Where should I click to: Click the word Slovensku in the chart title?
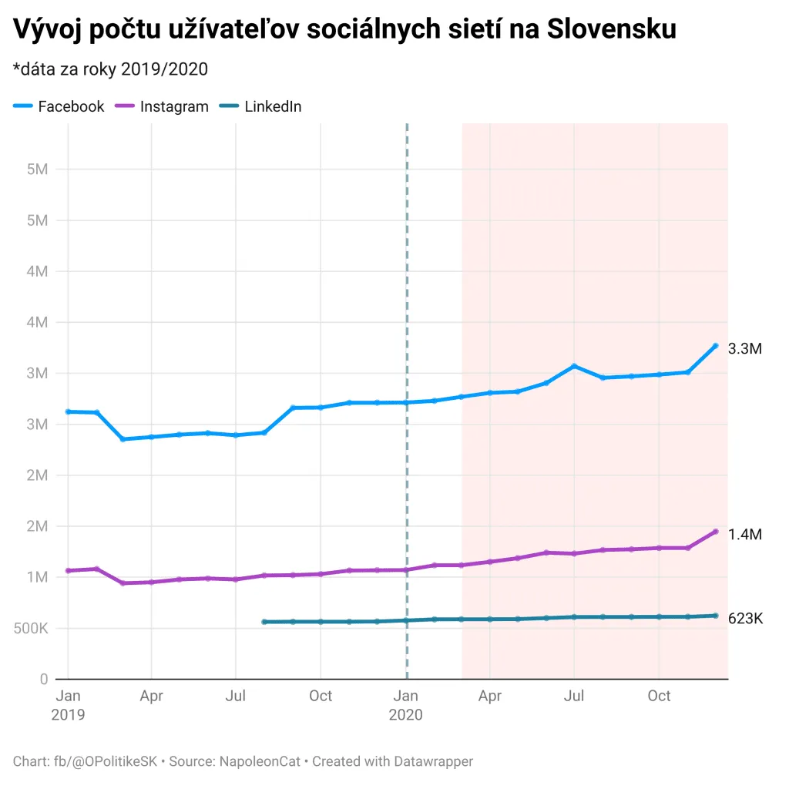[612, 29]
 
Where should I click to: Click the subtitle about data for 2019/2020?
[111, 69]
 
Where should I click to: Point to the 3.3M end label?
[745, 349]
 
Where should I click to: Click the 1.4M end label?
[745, 535]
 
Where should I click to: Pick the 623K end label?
[745, 619]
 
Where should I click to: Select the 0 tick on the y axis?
[44, 680]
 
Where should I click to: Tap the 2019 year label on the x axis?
[68, 715]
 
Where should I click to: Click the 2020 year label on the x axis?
[406, 715]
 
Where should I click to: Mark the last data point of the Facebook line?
[715, 346]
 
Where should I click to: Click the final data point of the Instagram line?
[715, 532]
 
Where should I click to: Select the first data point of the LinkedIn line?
[264, 622]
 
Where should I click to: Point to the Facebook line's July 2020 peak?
[574, 366]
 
